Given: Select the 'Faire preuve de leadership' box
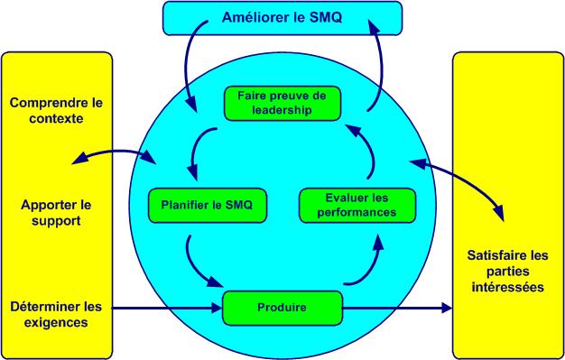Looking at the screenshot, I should (282, 103).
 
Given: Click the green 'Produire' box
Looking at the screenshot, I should (282, 308).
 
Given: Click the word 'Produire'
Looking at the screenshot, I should (282, 308).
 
